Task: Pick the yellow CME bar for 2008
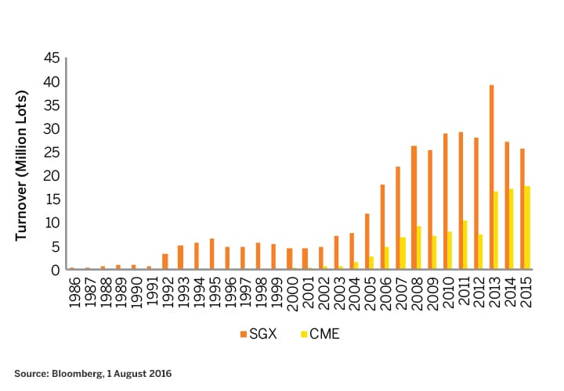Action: tap(418, 248)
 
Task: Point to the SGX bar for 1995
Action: tap(211, 254)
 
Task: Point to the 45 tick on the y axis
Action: tap(50, 59)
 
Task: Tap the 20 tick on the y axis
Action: tap(50, 176)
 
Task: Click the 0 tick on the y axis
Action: tap(55, 270)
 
